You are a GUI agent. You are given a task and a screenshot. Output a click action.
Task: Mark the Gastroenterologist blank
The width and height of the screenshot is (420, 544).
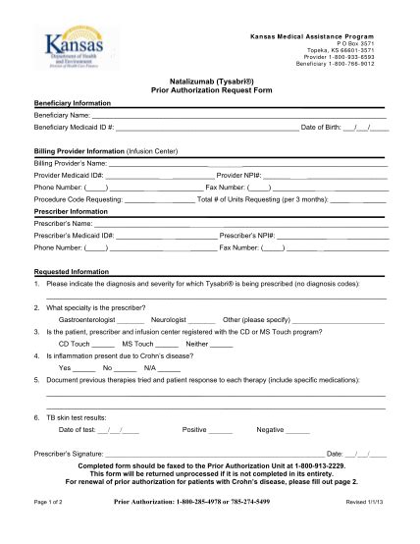coord(130,320)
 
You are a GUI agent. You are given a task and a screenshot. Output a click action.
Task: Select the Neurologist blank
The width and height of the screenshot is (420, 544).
coord(201,320)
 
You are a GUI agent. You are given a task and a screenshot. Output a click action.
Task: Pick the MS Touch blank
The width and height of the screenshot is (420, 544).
coord(167,345)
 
